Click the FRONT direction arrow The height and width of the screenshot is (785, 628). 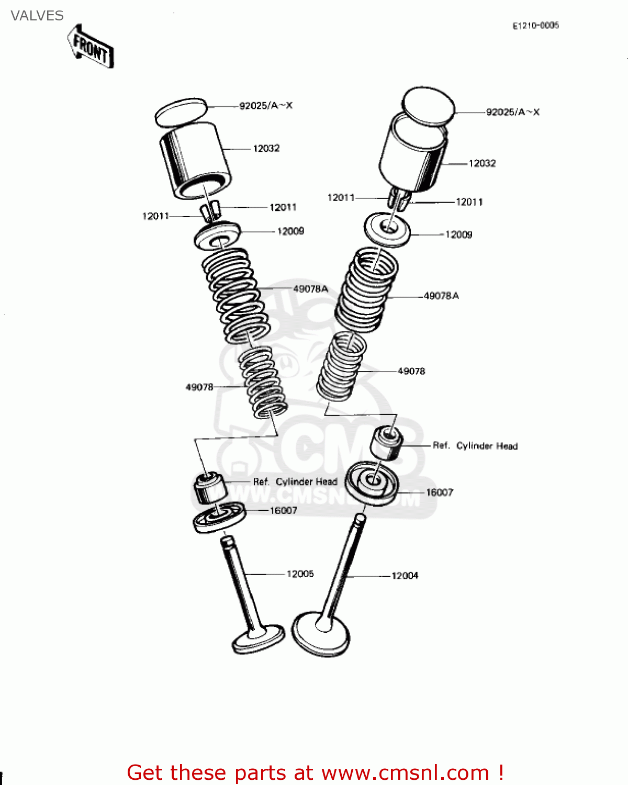click(x=91, y=47)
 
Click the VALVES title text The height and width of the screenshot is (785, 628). click(x=37, y=16)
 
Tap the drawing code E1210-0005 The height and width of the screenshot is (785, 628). click(x=535, y=25)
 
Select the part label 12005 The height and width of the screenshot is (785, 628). click(x=300, y=574)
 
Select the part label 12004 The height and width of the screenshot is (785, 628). click(x=405, y=576)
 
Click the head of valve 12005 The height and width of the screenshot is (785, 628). click(x=259, y=639)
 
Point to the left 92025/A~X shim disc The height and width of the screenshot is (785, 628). click(x=181, y=112)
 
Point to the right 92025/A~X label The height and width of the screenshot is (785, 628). click(x=512, y=112)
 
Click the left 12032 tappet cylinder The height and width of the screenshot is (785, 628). click(x=194, y=160)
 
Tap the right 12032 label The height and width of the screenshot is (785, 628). click(x=481, y=163)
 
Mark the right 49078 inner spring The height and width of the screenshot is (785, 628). click(x=342, y=366)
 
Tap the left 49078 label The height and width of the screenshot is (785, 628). click(x=199, y=387)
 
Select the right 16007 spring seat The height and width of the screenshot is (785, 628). click(x=372, y=483)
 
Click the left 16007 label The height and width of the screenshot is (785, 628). click(x=283, y=510)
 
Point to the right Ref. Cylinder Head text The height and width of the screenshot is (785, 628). click(x=475, y=446)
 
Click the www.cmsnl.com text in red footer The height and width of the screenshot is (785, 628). click(x=405, y=772)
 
